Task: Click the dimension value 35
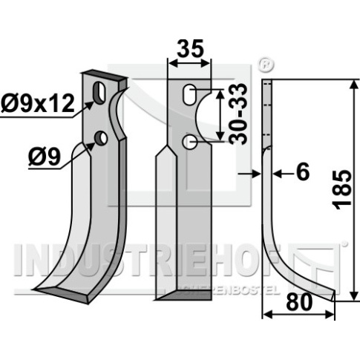(x=190, y=49)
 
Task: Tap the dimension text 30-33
(x=238, y=114)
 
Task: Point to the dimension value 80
(x=299, y=302)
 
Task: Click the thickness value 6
(x=303, y=171)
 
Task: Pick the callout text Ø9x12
(x=38, y=104)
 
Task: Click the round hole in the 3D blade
(x=100, y=139)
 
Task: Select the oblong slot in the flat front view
(x=190, y=95)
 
